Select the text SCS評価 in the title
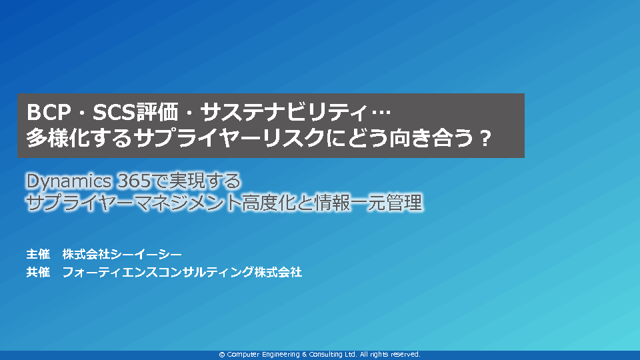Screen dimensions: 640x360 135,112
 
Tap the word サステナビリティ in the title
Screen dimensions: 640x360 284,112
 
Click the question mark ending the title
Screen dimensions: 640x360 485,139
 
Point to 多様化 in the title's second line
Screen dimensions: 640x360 58,138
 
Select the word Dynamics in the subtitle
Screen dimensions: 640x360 69,181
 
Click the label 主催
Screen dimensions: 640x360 38,254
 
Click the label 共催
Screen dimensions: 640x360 38,272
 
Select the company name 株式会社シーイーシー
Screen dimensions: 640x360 122,254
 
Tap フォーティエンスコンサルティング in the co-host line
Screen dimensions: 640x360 158,272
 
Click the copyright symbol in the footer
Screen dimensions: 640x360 222,355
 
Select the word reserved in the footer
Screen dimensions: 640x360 405,354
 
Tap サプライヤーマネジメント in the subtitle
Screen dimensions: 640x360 133,203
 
